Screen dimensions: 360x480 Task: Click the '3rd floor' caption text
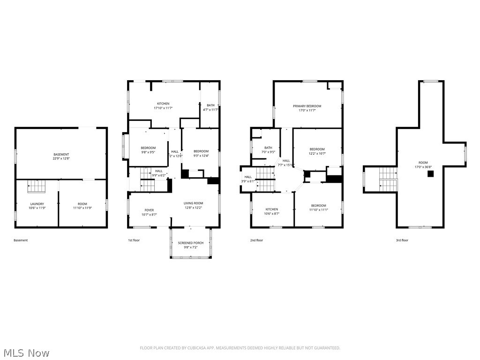click(x=402, y=240)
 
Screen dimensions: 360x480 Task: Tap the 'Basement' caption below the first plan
click(x=21, y=240)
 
